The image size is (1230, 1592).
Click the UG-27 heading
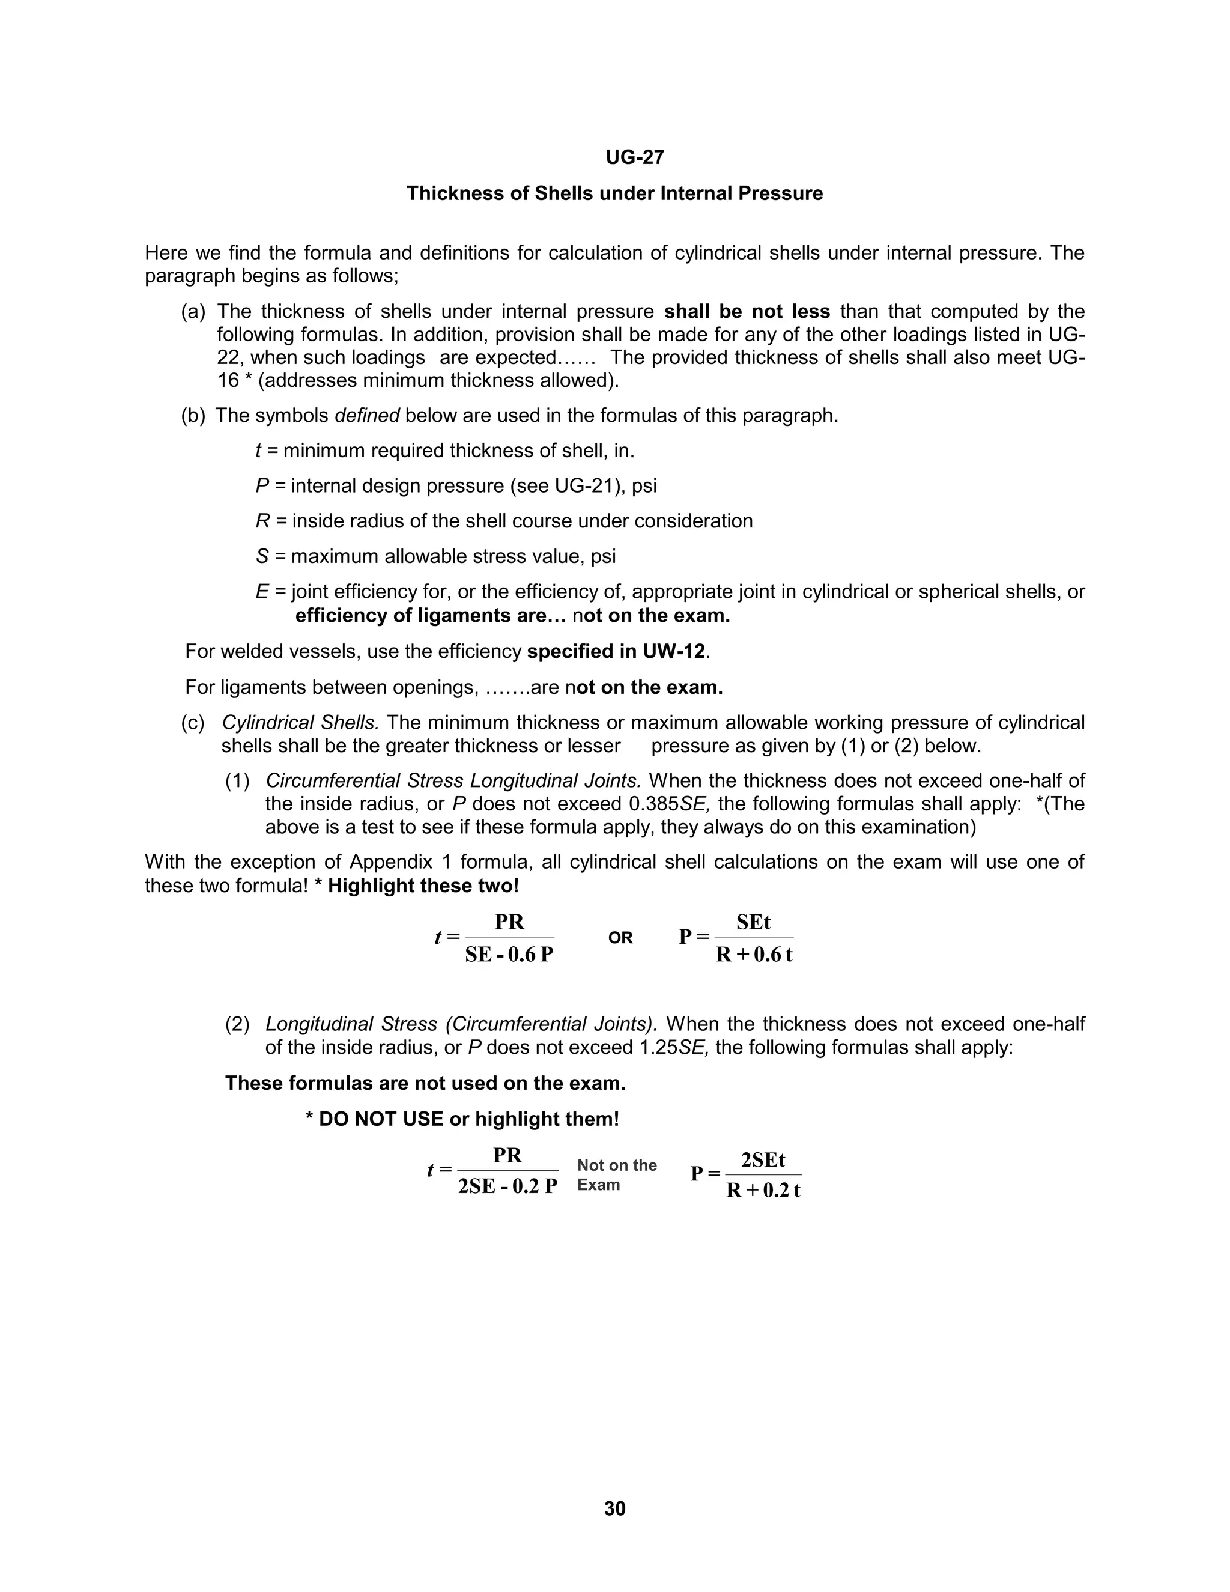635,157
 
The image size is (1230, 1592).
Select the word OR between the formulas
620,938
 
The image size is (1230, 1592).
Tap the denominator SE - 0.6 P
509,955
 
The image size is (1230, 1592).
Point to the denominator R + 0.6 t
754,955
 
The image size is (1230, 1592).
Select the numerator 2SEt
763,1159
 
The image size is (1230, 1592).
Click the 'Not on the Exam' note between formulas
616,1174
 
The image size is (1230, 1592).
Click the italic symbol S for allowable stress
262,557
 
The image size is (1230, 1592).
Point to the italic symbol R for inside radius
262,521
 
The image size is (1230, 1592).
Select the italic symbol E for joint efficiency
262,592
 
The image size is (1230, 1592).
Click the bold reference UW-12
673,652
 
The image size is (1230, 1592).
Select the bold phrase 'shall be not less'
747,312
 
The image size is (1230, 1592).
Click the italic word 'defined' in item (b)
366,416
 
